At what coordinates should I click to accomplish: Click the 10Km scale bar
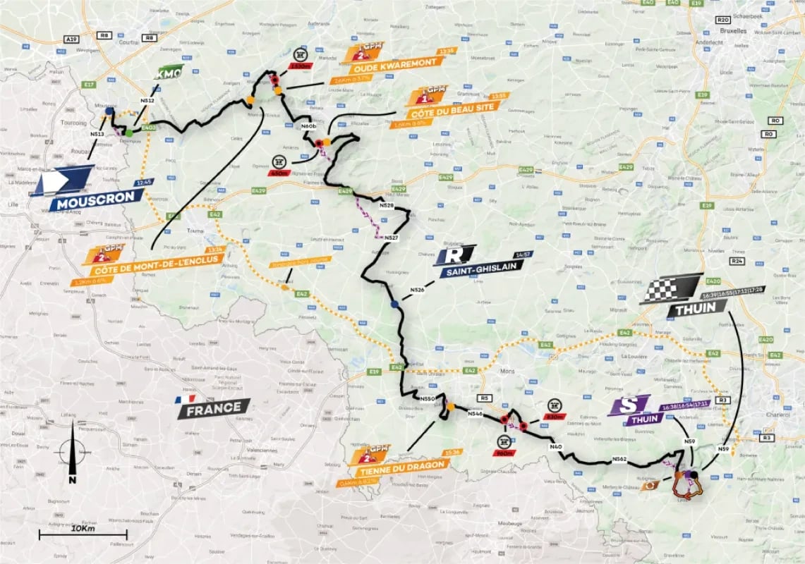pyautogui.click(x=83, y=534)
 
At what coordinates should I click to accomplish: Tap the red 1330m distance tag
pyautogui.click(x=298, y=66)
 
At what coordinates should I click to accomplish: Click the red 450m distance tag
pyautogui.click(x=280, y=171)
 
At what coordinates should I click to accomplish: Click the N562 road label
pyautogui.click(x=619, y=459)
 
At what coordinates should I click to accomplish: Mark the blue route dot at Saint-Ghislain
pyautogui.click(x=394, y=304)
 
